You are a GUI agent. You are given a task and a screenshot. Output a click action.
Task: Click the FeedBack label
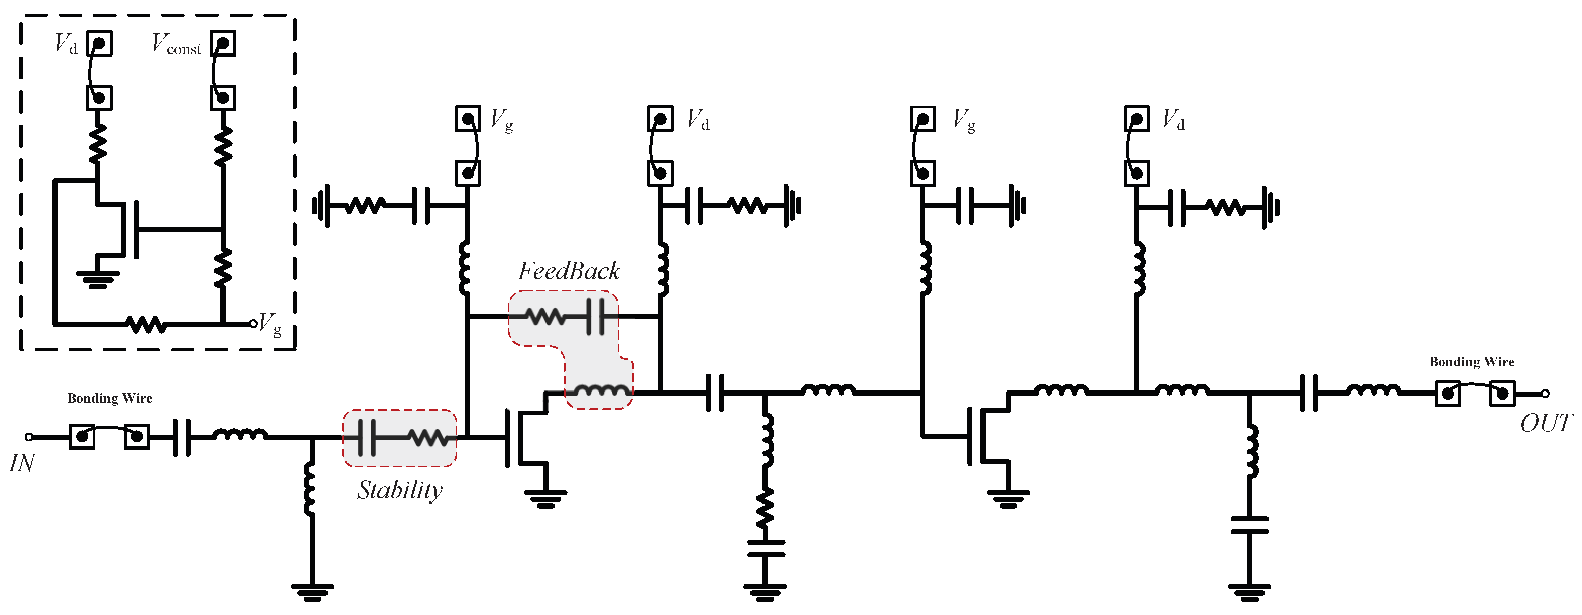click(569, 271)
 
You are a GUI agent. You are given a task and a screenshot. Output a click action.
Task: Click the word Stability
click(400, 490)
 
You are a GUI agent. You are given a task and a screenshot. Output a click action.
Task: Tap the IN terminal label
click(22, 463)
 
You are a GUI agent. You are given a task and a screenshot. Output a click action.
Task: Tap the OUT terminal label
click(1545, 423)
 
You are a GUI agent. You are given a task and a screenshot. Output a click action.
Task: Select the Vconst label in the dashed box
click(177, 45)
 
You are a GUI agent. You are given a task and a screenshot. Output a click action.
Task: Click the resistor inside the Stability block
click(428, 437)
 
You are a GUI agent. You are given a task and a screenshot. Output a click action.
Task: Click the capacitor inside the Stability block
click(367, 437)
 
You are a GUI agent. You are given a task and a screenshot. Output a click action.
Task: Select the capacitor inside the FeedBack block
click(594, 317)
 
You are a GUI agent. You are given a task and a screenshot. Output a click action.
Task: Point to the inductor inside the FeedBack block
click(601, 390)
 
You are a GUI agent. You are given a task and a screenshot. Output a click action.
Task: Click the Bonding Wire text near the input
click(110, 399)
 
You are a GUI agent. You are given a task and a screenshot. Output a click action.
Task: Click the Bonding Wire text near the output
click(1471, 362)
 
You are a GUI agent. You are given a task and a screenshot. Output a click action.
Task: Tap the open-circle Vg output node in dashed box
click(253, 324)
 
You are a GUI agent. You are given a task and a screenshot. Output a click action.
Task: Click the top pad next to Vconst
click(223, 43)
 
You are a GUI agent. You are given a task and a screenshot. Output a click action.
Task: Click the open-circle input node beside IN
click(29, 437)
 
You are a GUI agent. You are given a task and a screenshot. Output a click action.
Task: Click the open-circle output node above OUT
click(1545, 394)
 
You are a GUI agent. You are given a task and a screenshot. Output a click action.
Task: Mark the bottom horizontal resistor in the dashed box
click(145, 324)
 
